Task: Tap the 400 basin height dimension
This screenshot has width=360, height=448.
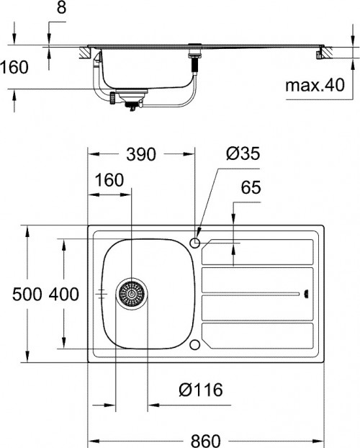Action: coord(65,294)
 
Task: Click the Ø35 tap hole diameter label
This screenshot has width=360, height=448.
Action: coord(242,154)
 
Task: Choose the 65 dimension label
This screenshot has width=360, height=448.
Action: coord(250,189)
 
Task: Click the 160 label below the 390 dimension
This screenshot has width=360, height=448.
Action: coord(109,180)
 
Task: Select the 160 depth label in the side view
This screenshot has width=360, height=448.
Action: coord(14,68)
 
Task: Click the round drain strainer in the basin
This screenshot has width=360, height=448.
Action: coord(131,294)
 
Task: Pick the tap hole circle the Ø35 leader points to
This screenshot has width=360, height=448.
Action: coord(196,242)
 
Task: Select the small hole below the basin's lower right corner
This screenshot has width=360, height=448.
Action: coord(195,344)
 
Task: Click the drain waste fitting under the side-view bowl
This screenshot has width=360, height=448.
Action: coord(130,101)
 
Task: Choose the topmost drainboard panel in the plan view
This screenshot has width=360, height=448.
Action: coord(257,251)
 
